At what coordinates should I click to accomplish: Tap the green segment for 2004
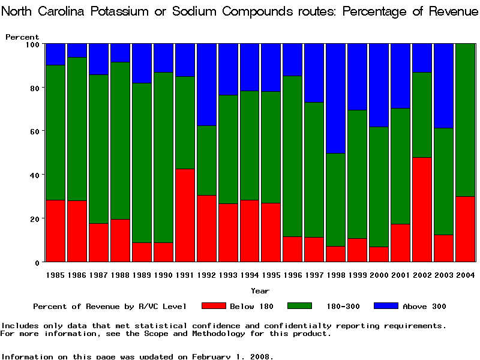[465, 120]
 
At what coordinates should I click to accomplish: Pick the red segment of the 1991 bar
[185, 215]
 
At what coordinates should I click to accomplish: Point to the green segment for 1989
[142, 163]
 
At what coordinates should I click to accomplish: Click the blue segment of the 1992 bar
[206, 85]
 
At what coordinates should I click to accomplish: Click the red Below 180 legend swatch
[214, 306]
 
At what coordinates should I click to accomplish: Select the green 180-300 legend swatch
[300, 306]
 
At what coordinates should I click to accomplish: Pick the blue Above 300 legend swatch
[386, 306]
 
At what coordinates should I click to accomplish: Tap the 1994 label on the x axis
[250, 275]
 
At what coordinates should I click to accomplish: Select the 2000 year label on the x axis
[379, 275]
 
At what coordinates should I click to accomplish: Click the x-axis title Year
[260, 291]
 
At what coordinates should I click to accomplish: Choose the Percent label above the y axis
[22, 37]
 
